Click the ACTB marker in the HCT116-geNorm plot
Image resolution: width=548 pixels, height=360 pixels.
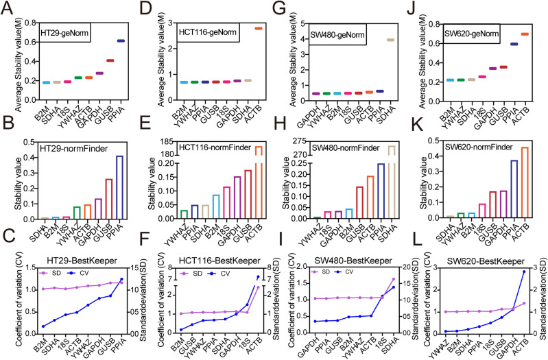coord(259,28)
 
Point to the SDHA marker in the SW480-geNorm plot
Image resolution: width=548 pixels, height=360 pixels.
coord(392,40)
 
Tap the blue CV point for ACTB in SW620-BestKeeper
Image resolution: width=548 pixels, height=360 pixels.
coord(525,272)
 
